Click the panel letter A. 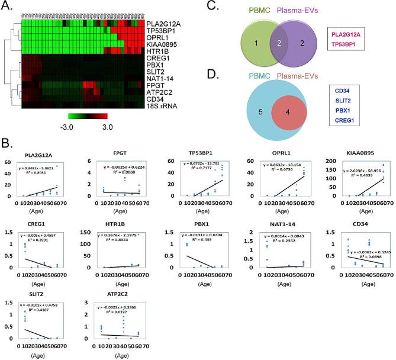[x=8, y=7]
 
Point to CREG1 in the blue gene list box [x=344, y=122]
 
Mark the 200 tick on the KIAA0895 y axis [x=324, y=163]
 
